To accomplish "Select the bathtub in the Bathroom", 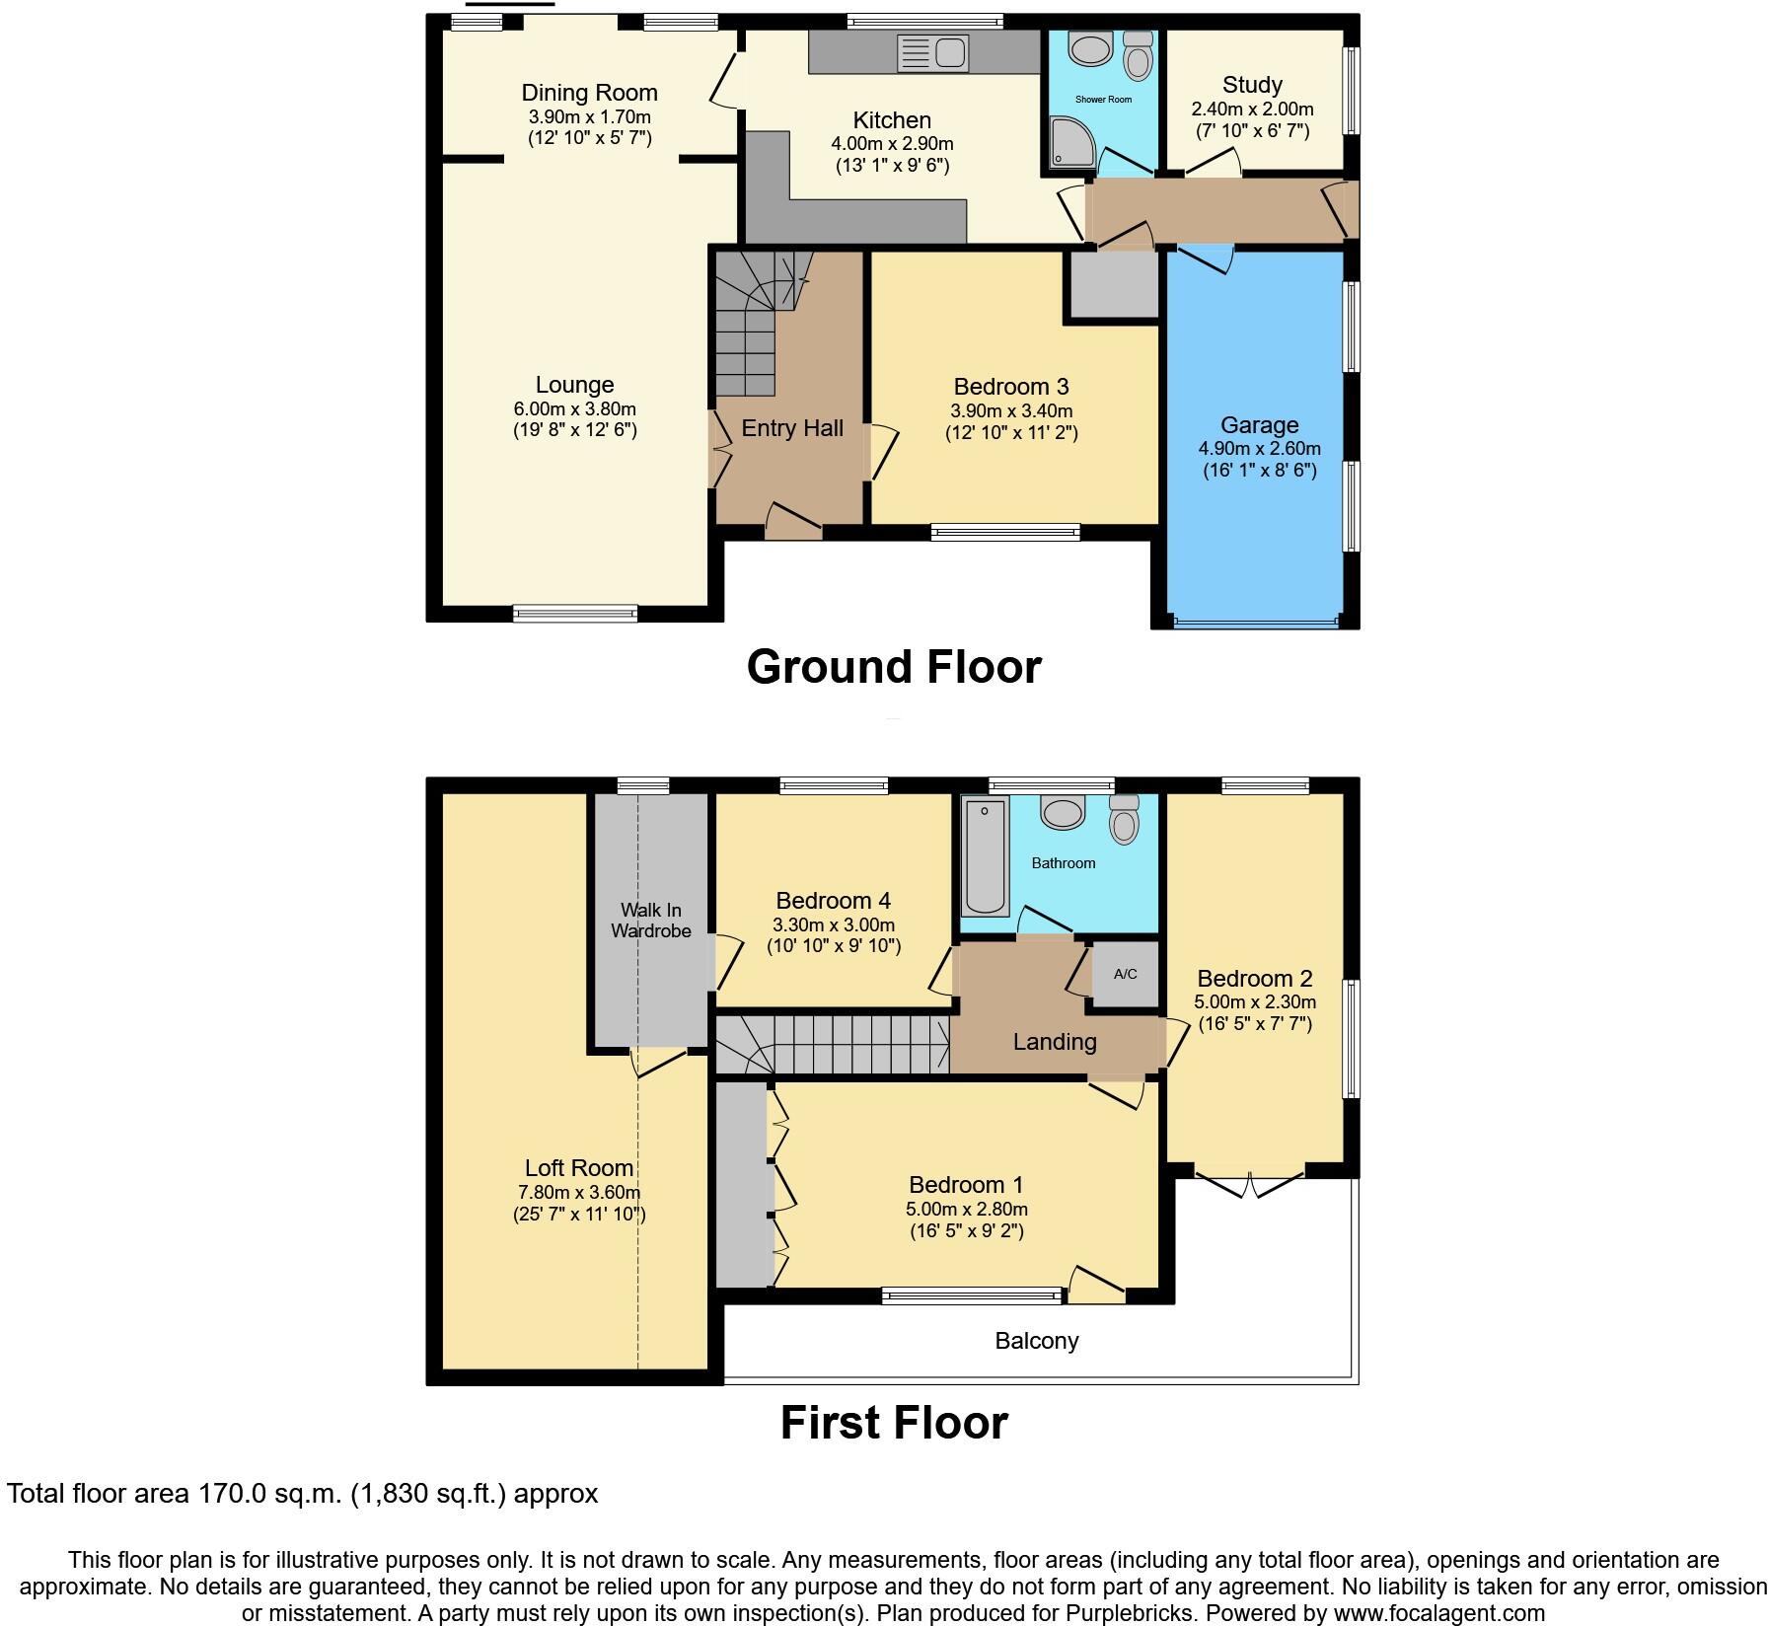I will [x=985, y=855].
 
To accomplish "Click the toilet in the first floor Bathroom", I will [x=1124, y=819].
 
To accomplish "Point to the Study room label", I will [x=1252, y=85].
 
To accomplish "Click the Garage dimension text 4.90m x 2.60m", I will [x=1259, y=448].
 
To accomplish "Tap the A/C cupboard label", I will [x=1125, y=974].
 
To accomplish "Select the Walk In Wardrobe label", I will [x=650, y=920].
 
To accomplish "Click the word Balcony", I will [x=1036, y=1340].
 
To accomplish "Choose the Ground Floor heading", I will [x=893, y=667].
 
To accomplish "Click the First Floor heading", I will [x=893, y=1423].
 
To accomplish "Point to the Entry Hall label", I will [x=792, y=428].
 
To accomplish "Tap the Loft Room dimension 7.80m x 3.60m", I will [x=579, y=1192].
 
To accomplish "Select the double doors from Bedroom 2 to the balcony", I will [x=1250, y=1182].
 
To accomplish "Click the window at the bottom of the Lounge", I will [x=575, y=614].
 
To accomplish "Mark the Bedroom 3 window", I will [x=1005, y=533].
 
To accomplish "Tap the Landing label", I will [x=1055, y=1042].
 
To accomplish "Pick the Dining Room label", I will [x=589, y=93].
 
